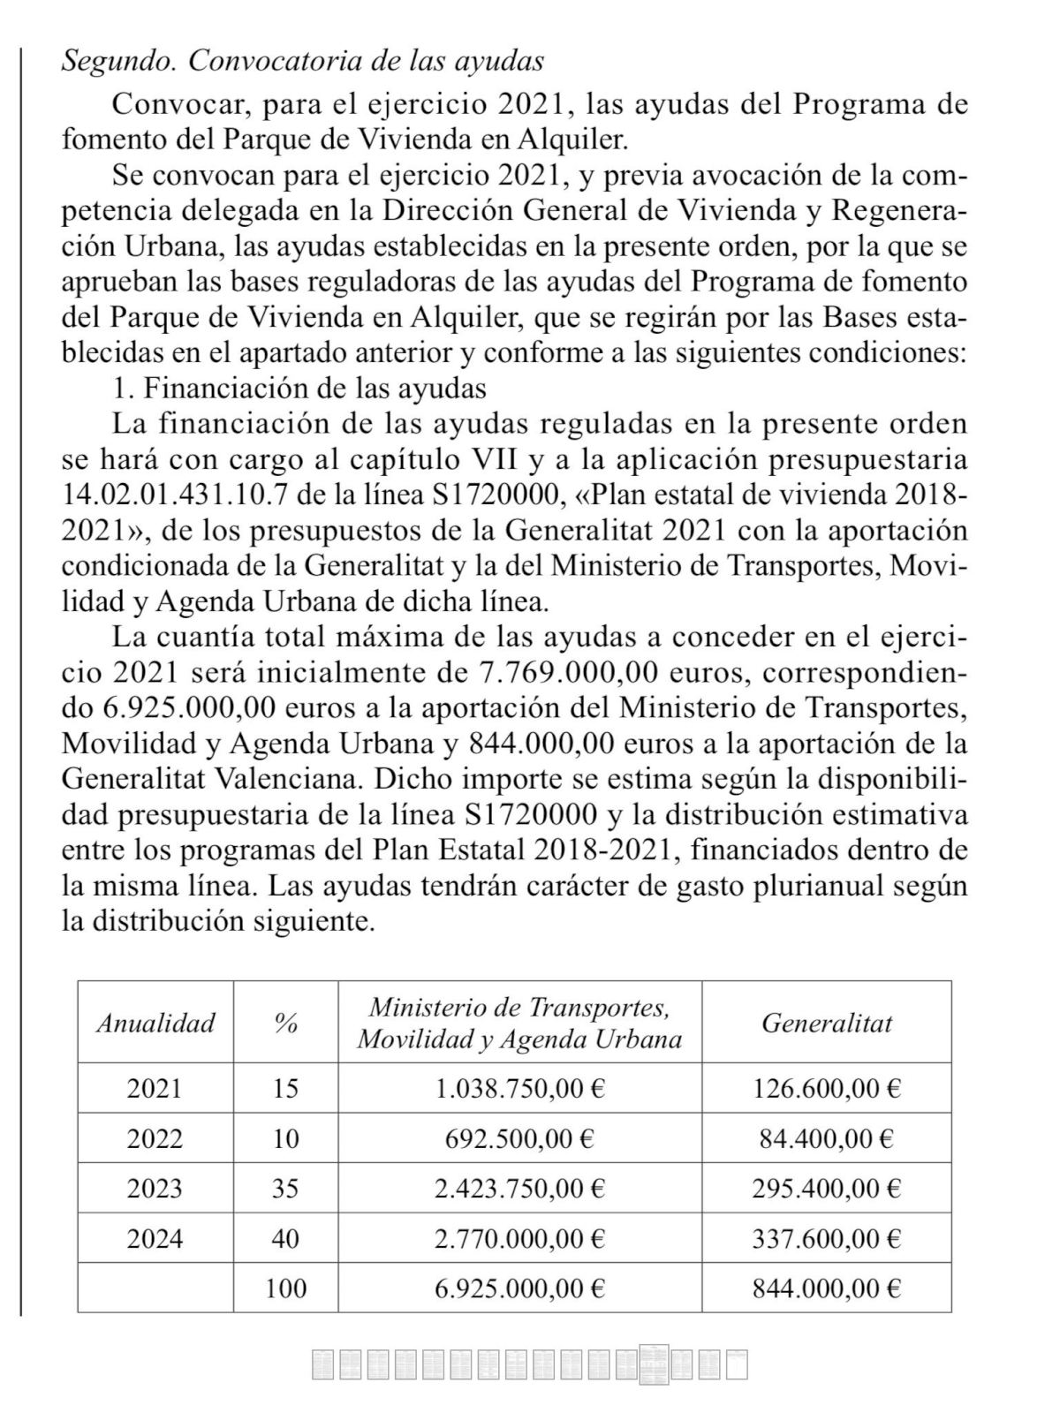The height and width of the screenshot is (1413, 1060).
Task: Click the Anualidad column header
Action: (x=155, y=1023)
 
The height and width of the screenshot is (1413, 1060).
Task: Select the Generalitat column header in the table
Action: (x=826, y=1023)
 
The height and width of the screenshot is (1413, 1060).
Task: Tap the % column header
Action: (x=285, y=1023)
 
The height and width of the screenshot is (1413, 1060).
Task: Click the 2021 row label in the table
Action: (x=155, y=1087)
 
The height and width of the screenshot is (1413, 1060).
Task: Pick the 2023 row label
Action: (x=155, y=1188)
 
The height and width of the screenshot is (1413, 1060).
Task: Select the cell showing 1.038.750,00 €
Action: (x=519, y=1087)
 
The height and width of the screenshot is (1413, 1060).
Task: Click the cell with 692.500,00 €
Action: (x=519, y=1137)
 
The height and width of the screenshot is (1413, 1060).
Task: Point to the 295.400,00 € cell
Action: (x=826, y=1188)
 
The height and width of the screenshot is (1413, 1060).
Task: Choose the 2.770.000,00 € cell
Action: (x=519, y=1238)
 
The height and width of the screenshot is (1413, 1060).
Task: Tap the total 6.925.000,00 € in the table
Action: (x=519, y=1288)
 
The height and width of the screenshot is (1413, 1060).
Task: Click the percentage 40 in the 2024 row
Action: (x=285, y=1238)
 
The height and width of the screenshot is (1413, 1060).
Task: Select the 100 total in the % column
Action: (x=285, y=1288)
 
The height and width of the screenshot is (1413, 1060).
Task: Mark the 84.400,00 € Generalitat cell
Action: (x=826, y=1137)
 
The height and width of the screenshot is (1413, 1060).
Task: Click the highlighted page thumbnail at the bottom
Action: (x=655, y=1364)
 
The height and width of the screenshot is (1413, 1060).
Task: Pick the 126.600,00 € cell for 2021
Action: (x=826, y=1087)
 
